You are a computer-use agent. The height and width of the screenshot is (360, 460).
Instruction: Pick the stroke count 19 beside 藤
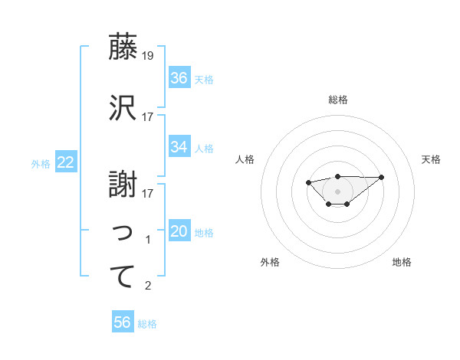[148, 56]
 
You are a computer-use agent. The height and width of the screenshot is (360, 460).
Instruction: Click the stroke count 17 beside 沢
[148, 117]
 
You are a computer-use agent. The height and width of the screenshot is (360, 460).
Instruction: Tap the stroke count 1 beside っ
[148, 240]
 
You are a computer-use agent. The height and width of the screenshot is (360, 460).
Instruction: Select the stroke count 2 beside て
[148, 286]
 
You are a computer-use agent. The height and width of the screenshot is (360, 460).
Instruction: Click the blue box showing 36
[179, 78]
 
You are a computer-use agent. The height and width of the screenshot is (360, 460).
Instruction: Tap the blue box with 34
[179, 147]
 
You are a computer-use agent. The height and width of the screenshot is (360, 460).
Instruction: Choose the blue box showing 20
[179, 231]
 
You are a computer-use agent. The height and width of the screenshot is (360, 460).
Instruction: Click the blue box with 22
[66, 162]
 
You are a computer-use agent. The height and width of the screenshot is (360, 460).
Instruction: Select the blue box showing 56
[123, 322]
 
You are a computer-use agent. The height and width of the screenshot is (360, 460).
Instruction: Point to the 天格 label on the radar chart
[431, 159]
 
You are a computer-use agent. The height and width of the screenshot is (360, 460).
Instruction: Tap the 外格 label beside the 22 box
[41, 163]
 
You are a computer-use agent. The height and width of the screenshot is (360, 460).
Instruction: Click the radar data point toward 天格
[382, 177]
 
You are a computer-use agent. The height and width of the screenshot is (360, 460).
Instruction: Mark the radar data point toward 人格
[308, 182]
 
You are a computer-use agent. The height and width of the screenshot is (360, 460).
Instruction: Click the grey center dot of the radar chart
[337, 191]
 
